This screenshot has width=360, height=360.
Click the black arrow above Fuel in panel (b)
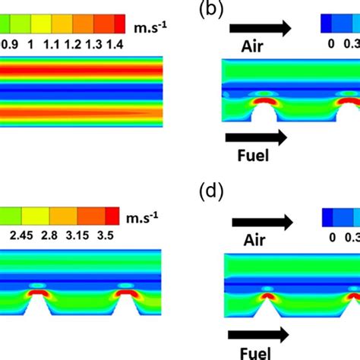[257, 137]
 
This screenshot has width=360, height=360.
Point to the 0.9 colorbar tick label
[11, 45]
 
